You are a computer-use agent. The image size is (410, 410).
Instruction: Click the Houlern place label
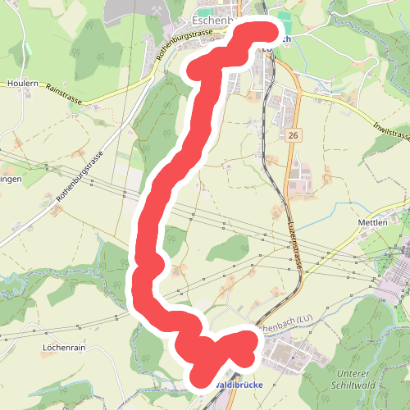[23, 84]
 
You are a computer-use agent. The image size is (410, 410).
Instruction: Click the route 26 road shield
[293, 134]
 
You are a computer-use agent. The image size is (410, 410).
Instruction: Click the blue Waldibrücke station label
[239, 384]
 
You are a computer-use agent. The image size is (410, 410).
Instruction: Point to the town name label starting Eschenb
[215, 18]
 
